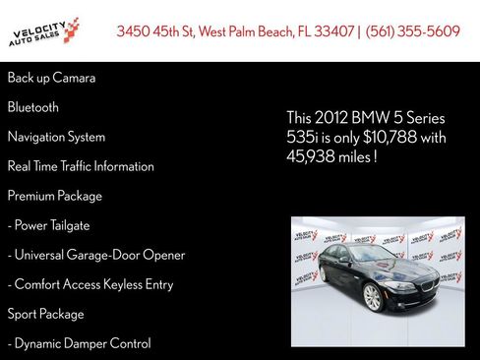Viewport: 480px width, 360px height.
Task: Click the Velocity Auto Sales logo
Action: coord(43,31)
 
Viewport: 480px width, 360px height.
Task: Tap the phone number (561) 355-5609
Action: coord(413,31)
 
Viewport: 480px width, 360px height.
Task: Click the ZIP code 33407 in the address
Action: coord(332,31)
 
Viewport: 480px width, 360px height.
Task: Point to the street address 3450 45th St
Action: coord(155,31)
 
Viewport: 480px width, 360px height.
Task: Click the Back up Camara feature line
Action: coord(51,78)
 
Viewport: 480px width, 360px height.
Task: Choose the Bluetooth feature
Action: coord(33,107)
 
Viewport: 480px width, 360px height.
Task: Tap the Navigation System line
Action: coord(56,137)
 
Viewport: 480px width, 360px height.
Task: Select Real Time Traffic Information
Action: coord(81,166)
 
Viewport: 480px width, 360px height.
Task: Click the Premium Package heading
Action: coord(55,196)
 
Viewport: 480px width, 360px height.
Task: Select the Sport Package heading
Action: coord(46,314)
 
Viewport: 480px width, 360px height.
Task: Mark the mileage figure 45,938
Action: coord(310,156)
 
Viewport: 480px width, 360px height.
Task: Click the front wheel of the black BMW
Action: coord(372,297)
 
